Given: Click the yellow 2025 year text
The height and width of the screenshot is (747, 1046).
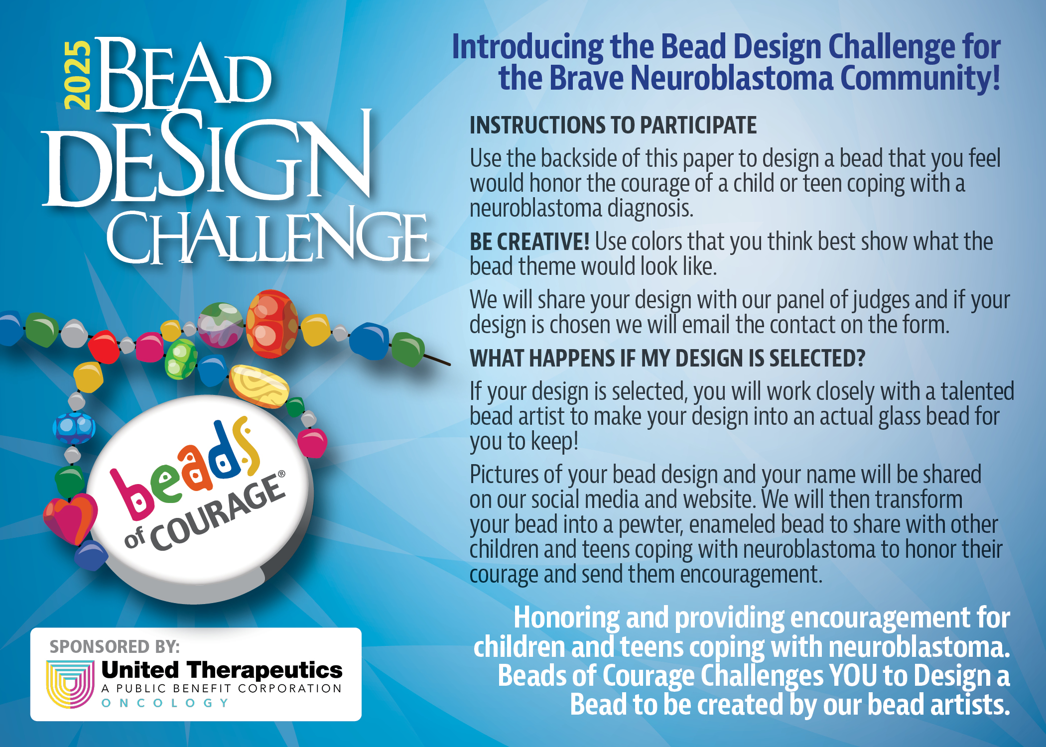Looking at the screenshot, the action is click(78, 75).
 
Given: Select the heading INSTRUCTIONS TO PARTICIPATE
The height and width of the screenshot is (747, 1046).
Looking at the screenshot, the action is click(613, 125).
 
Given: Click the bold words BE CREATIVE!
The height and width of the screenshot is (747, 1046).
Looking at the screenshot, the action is click(529, 242).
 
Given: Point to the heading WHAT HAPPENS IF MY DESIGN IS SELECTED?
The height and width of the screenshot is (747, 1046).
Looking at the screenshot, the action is click(667, 358).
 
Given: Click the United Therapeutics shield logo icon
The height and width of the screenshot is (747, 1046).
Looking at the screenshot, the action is click(70, 683).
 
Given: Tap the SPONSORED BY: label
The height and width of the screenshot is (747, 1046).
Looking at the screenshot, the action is click(115, 646).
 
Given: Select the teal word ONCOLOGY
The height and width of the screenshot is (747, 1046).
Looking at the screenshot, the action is click(165, 703).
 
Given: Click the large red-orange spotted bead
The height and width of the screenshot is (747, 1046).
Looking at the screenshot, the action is click(272, 324).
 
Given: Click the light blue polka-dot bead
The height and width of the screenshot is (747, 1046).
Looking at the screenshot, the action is click(74, 427).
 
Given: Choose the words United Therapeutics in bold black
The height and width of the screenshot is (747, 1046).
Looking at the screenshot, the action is click(222, 670).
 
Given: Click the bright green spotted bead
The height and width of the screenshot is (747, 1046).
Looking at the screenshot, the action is click(181, 359).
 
